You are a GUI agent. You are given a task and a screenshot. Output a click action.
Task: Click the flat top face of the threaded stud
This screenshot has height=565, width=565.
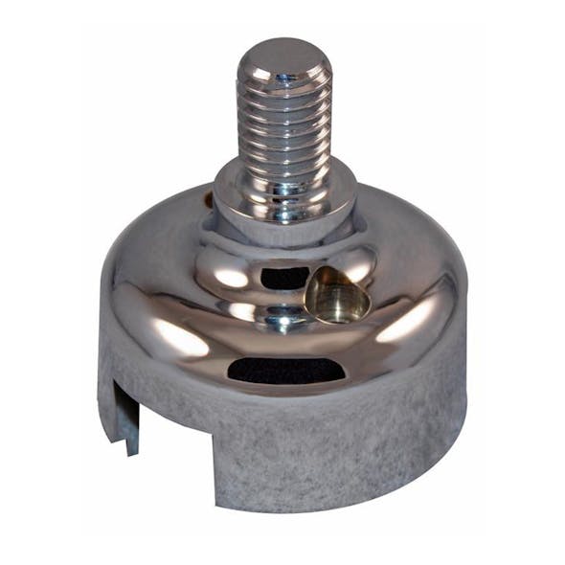tap(283, 54)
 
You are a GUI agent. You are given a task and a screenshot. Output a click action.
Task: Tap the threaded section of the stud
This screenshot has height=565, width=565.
tap(283, 124)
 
